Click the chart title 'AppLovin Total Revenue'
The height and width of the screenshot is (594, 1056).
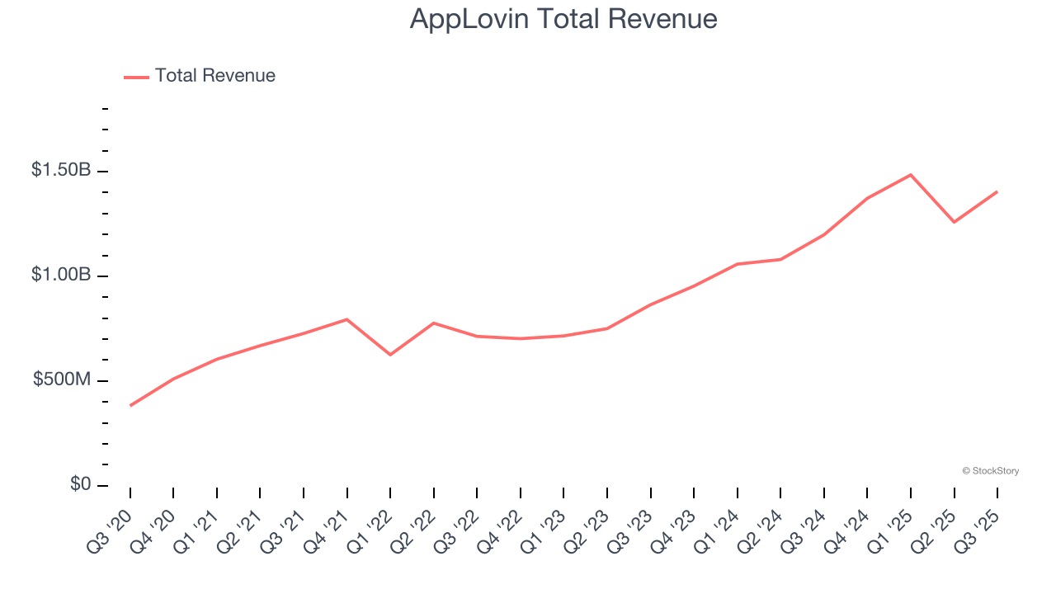pyautogui.click(x=563, y=19)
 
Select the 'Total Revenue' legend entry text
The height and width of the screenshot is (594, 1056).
pyautogui.click(x=214, y=76)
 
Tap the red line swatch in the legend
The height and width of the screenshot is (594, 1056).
pyautogui.click(x=136, y=77)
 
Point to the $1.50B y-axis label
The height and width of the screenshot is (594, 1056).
pyautogui.click(x=61, y=170)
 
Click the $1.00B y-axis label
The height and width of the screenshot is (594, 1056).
pyautogui.click(x=61, y=275)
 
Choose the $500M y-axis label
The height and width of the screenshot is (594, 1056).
pyautogui.click(x=62, y=379)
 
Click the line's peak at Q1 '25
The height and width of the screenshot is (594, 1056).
pyautogui.click(x=911, y=175)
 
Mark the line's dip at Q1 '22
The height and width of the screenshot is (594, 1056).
pyautogui.click(x=390, y=355)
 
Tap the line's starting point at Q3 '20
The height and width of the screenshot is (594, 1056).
pyautogui.click(x=130, y=405)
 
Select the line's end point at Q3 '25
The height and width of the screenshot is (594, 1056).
pyautogui.click(x=997, y=191)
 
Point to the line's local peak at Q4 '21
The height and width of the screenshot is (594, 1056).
pyautogui.click(x=346, y=319)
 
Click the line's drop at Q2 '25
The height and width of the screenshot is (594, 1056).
pyautogui.click(x=955, y=222)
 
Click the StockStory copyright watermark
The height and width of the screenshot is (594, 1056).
pyautogui.click(x=990, y=471)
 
